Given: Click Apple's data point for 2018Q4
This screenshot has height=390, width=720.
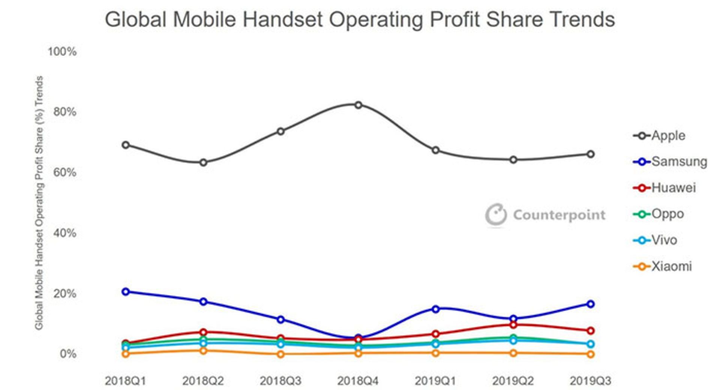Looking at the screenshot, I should (358, 105).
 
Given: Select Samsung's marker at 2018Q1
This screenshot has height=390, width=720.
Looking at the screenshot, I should (126, 291).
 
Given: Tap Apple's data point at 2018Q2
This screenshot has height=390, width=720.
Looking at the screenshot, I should (203, 162).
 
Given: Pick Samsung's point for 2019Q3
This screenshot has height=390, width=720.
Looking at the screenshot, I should (590, 304).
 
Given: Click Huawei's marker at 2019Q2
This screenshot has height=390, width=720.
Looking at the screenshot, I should (513, 325).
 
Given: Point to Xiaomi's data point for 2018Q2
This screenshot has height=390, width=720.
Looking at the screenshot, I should (203, 351).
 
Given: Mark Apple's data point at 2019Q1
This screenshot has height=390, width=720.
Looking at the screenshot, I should (435, 150).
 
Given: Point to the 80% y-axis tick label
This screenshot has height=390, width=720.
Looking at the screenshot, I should (64, 112).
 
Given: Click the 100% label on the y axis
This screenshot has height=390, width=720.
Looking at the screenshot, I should (62, 51).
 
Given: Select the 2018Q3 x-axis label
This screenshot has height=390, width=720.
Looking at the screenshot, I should (280, 381).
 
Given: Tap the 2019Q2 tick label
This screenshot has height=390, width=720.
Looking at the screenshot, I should (513, 381).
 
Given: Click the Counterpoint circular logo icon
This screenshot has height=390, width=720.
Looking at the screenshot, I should (496, 215).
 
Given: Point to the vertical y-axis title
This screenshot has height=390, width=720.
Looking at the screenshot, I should (39, 202).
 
